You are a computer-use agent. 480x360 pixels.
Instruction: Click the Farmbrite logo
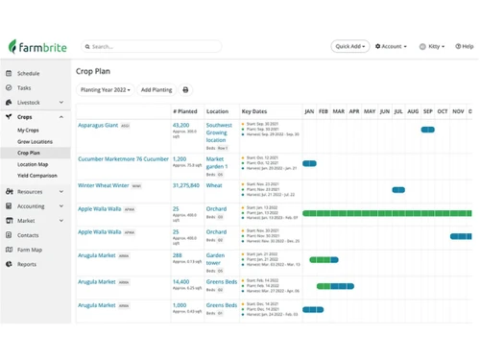(x=37, y=46)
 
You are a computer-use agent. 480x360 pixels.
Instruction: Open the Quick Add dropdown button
(x=349, y=46)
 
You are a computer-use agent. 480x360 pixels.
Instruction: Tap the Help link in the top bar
(x=463, y=46)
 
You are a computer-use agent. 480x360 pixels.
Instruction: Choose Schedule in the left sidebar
(x=28, y=73)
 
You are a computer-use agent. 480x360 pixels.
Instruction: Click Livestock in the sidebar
(x=29, y=102)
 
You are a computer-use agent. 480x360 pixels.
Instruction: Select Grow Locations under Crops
(x=35, y=141)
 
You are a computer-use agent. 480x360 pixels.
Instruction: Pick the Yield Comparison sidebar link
(x=37, y=176)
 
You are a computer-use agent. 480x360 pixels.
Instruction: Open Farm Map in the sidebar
(x=31, y=249)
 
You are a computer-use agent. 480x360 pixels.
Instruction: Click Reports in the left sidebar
(x=26, y=264)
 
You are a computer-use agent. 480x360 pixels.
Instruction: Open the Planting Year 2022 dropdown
(x=106, y=90)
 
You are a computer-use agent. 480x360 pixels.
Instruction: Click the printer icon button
(x=185, y=90)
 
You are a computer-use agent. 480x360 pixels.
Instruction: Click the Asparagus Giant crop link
(x=98, y=125)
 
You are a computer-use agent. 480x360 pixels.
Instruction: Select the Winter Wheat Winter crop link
(x=103, y=185)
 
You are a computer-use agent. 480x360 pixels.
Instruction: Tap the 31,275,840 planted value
(x=185, y=185)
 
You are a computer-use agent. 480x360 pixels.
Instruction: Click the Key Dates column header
(x=253, y=111)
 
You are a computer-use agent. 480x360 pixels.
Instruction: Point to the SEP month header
(x=428, y=111)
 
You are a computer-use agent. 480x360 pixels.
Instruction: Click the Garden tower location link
(x=217, y=259)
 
